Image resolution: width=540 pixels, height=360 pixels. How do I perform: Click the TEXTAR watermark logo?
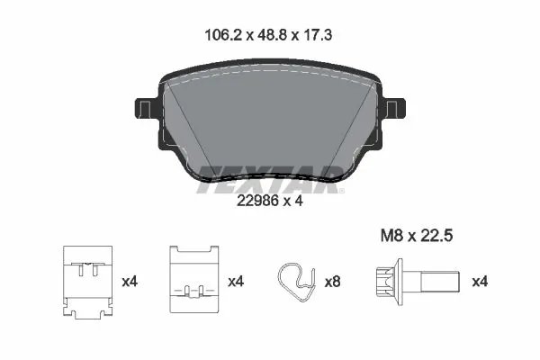[x=269, y=175]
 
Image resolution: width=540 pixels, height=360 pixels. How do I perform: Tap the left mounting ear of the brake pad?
[x=144, y=112]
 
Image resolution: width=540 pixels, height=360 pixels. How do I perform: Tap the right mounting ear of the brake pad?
[x=396, y=112]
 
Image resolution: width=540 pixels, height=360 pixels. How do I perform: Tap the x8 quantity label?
[x=333, y=282]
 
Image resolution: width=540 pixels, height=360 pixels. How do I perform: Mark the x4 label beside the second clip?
[x=236, y=282]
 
